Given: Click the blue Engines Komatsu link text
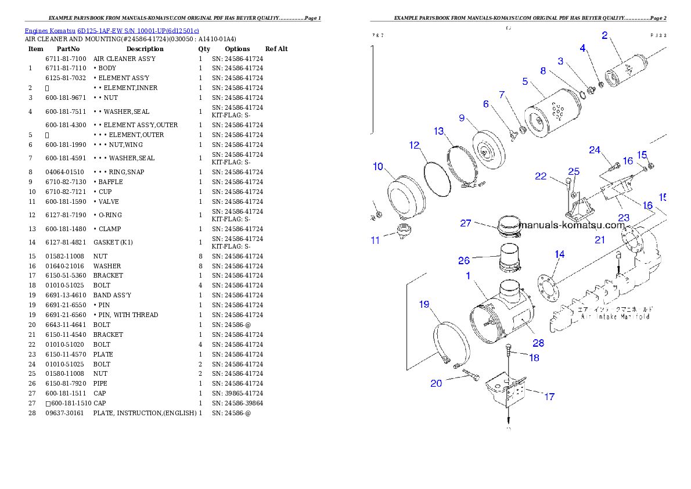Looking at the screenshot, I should [x=111, y=30].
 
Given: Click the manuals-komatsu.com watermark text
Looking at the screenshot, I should [x=572, y=225].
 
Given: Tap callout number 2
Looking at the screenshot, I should [x=604, y=35].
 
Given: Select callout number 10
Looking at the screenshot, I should [x=378, y=167].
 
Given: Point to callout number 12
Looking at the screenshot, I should [x=414, y=145].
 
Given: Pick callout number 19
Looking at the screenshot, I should [x=424, y=304].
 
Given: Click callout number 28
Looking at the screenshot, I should [x=538, y=343].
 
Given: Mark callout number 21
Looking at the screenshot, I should [x=600, y=239].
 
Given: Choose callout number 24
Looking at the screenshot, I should [x=595, y=150].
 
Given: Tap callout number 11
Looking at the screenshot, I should [x=376, y=240].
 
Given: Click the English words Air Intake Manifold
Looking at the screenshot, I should [x=615, y=317].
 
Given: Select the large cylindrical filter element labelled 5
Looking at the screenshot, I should [x=549, y=120].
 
